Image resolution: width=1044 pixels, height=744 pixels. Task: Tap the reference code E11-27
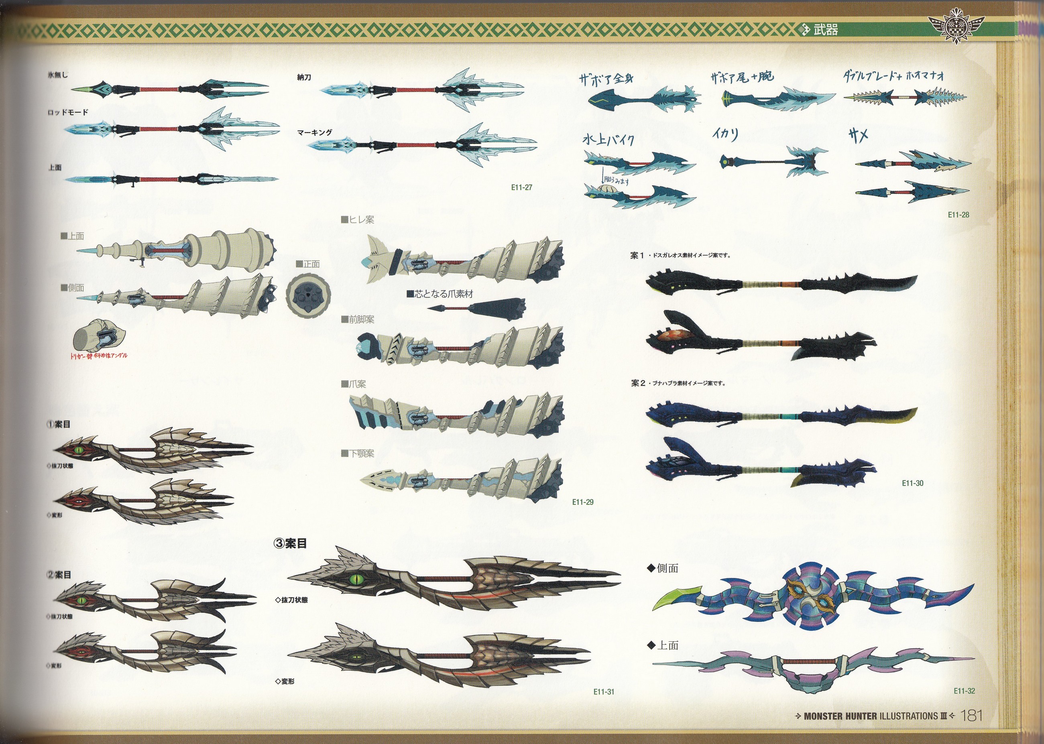(x=521, y=187)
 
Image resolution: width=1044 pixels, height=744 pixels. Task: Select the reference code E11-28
(x=959, y=214)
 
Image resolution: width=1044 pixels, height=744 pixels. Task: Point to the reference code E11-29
(x=583, y=502)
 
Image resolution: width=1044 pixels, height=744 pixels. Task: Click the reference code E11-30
(x=912, y=483)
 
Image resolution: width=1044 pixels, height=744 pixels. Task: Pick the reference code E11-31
(x=603, y=692)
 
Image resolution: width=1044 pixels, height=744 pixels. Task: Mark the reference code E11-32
(x=964, y=691)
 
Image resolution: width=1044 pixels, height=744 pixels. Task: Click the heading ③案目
(x=290, y=543)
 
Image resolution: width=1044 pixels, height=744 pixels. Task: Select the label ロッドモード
(x=68, y=112)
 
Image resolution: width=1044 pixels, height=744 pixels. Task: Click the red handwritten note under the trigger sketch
(x=98, y=356)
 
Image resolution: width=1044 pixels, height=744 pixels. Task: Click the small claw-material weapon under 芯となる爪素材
(x=477, y=307)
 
